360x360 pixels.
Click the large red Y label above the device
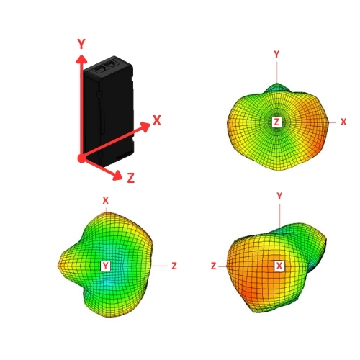point(81,44)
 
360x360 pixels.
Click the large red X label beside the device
point(157,120)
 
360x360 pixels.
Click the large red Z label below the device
point(130,178)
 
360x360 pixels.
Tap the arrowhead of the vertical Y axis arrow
point(81,59)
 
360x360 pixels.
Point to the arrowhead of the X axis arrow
point(145,127)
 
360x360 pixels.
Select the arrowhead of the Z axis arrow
point(117,175)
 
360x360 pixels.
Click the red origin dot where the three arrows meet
point(82,158)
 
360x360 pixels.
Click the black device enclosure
point(109,112)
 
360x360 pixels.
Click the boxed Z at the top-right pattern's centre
point(276,122)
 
